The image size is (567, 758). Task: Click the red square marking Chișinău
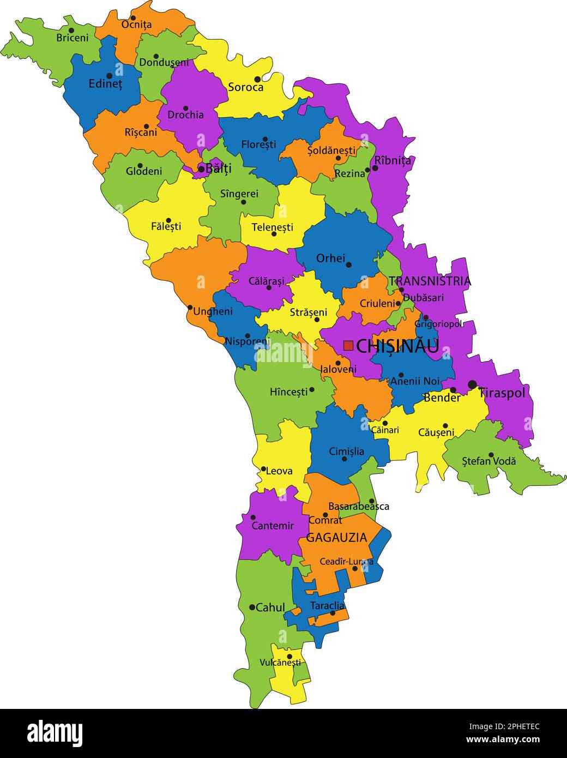click(348, 346)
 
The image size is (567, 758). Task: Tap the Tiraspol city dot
click(472, 384)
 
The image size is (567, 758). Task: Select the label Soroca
click(245, 87)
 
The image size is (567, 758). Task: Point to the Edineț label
click(105, 85)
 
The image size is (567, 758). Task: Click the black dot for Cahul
click(252, 607)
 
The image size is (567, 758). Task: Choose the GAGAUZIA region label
click(336, 538)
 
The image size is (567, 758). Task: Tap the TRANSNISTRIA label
click(430, 281)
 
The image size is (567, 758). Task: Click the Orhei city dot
click(348, 265)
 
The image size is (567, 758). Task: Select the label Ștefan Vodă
click(488, 461)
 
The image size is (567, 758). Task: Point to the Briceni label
click(72, 38)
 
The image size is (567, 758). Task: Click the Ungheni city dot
click(190, 308)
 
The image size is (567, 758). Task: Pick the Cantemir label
click(273, 526)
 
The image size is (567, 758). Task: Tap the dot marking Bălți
click(201, 170)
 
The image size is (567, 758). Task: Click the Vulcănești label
click(280, 663)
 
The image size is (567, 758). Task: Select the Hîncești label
click(289, 392)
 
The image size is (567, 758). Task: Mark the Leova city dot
click(263, 469)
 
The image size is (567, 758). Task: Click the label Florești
click(258, 145)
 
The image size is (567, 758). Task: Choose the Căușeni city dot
click(445, 426)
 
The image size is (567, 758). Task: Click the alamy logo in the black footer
click(55, 733)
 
